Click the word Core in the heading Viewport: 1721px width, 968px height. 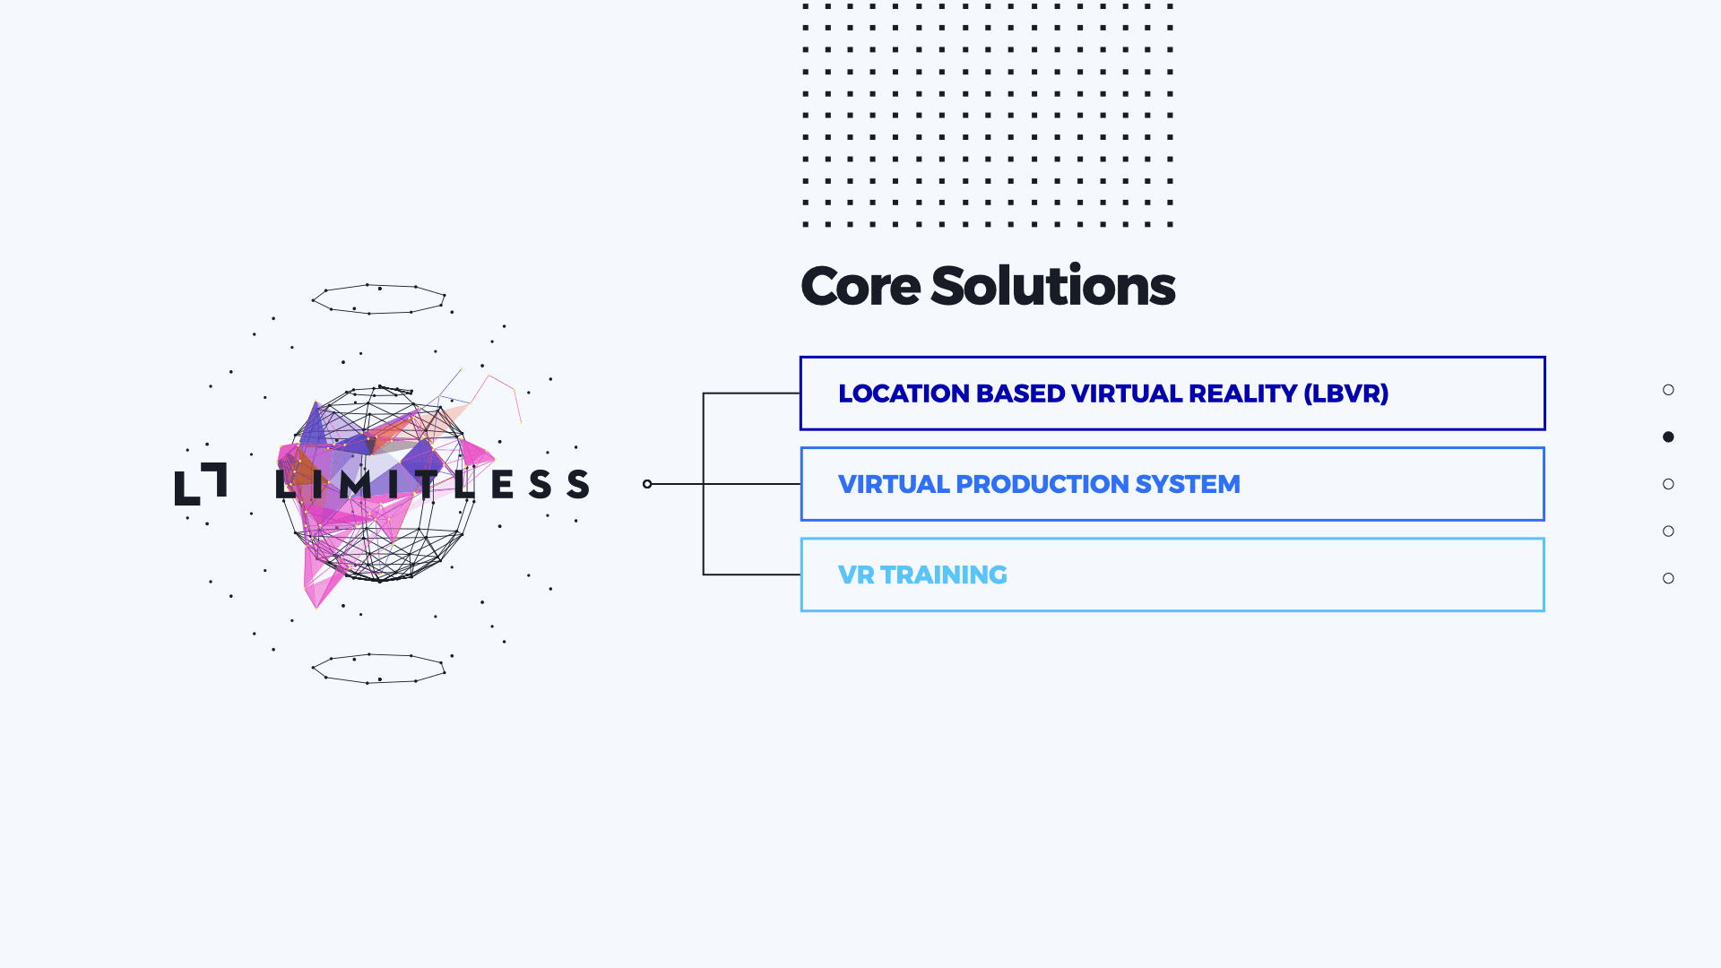(860, 287)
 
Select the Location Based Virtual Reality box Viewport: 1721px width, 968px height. (1172, 393)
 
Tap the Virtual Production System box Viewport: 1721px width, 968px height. (1172, 484)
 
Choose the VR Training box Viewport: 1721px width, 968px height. (1172, 575)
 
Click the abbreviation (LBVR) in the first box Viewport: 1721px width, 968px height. (1345, 393)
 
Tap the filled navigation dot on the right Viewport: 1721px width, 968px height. (1668, 436)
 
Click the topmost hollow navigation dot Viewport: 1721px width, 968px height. (1668, 390)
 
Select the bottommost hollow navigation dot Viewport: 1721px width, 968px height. (1668, 578)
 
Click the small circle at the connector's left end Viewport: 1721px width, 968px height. (647, 484)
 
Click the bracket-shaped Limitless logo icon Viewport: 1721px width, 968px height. (200, 484)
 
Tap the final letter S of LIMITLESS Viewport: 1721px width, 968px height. (578, 484)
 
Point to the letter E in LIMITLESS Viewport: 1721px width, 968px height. (502, 484)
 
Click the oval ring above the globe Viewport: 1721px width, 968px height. (378, 299)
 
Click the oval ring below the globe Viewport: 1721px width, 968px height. (378, 669)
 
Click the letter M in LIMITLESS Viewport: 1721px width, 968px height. (355, 484)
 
